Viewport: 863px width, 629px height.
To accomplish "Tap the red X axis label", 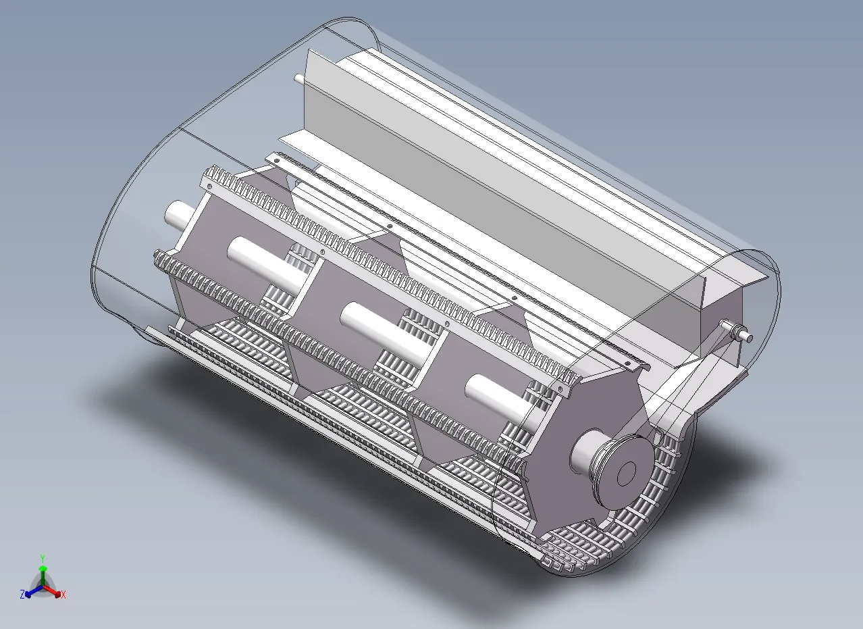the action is coord(63,595).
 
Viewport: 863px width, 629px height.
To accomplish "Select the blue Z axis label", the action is coord(22,595).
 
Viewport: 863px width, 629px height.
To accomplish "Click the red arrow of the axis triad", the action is coord(52,591).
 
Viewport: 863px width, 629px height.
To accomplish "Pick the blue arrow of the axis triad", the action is coord(34,592).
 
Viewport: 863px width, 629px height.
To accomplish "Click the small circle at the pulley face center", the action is coord(626,474).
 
